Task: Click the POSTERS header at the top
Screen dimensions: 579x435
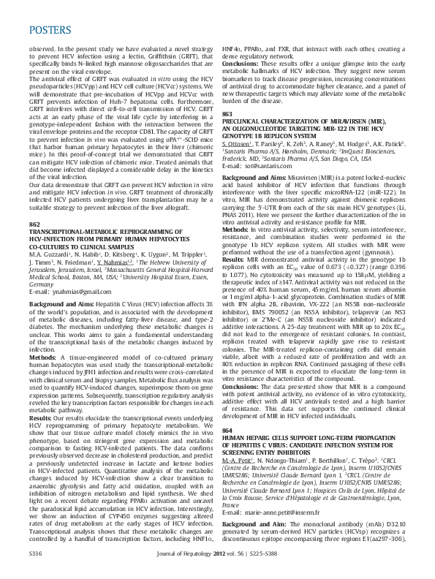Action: [x=50, y=31]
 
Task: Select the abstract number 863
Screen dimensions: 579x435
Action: [x=227, y=115]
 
